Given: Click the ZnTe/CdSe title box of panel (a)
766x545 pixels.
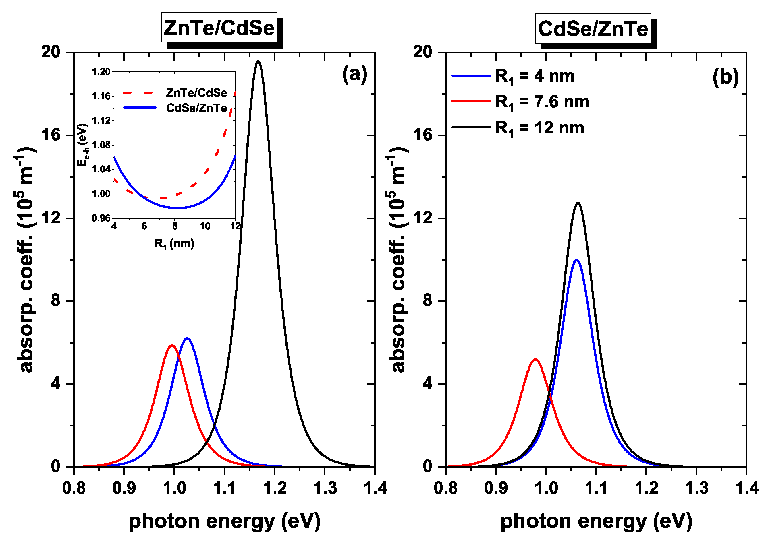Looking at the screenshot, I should [x=219, y=28].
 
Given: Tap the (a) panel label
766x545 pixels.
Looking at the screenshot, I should [x=354, y=74].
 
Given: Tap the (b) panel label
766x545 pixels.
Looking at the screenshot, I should [x=726, y=77].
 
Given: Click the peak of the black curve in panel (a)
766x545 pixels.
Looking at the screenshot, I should [x=258, y=61].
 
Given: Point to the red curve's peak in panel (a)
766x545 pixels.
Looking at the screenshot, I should [x=172, y=345].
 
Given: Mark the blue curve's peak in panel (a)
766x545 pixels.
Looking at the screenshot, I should [x=187, y=338].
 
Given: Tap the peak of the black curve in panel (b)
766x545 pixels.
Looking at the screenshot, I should [x=578, y=203].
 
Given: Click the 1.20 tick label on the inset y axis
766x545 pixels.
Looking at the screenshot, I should [x=101, y=72].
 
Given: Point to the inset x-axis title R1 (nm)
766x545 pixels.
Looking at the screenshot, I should [x=174, y=243].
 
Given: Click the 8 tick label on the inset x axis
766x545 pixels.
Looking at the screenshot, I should [x=175, y=226].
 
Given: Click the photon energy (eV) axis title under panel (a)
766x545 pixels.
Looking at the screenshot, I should [x=224, y=521].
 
